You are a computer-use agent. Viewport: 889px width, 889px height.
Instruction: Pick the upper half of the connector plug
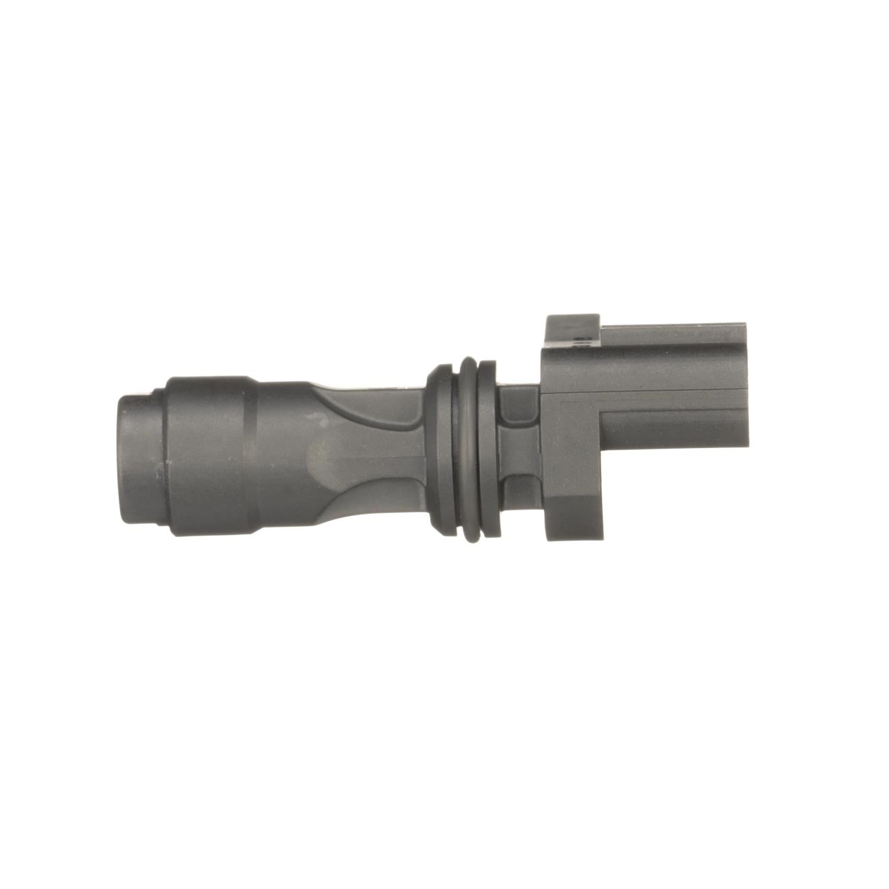[x=670, y=356]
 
